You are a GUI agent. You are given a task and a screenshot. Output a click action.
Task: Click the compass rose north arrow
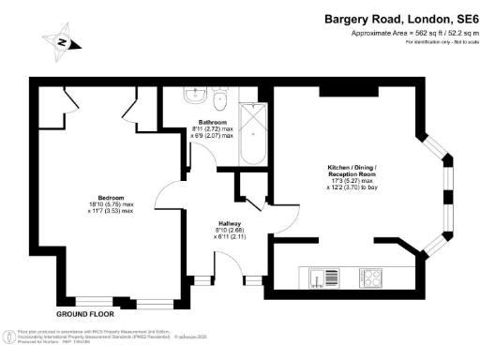[62, 42]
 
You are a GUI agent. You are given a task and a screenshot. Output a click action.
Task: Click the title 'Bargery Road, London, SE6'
[400, 18]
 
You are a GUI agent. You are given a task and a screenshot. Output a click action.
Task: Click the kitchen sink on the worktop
[326, 278]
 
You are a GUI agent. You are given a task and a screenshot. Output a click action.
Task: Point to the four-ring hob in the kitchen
[371, 278]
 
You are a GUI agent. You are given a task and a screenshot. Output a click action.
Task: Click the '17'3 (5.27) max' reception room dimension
[349, 181]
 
